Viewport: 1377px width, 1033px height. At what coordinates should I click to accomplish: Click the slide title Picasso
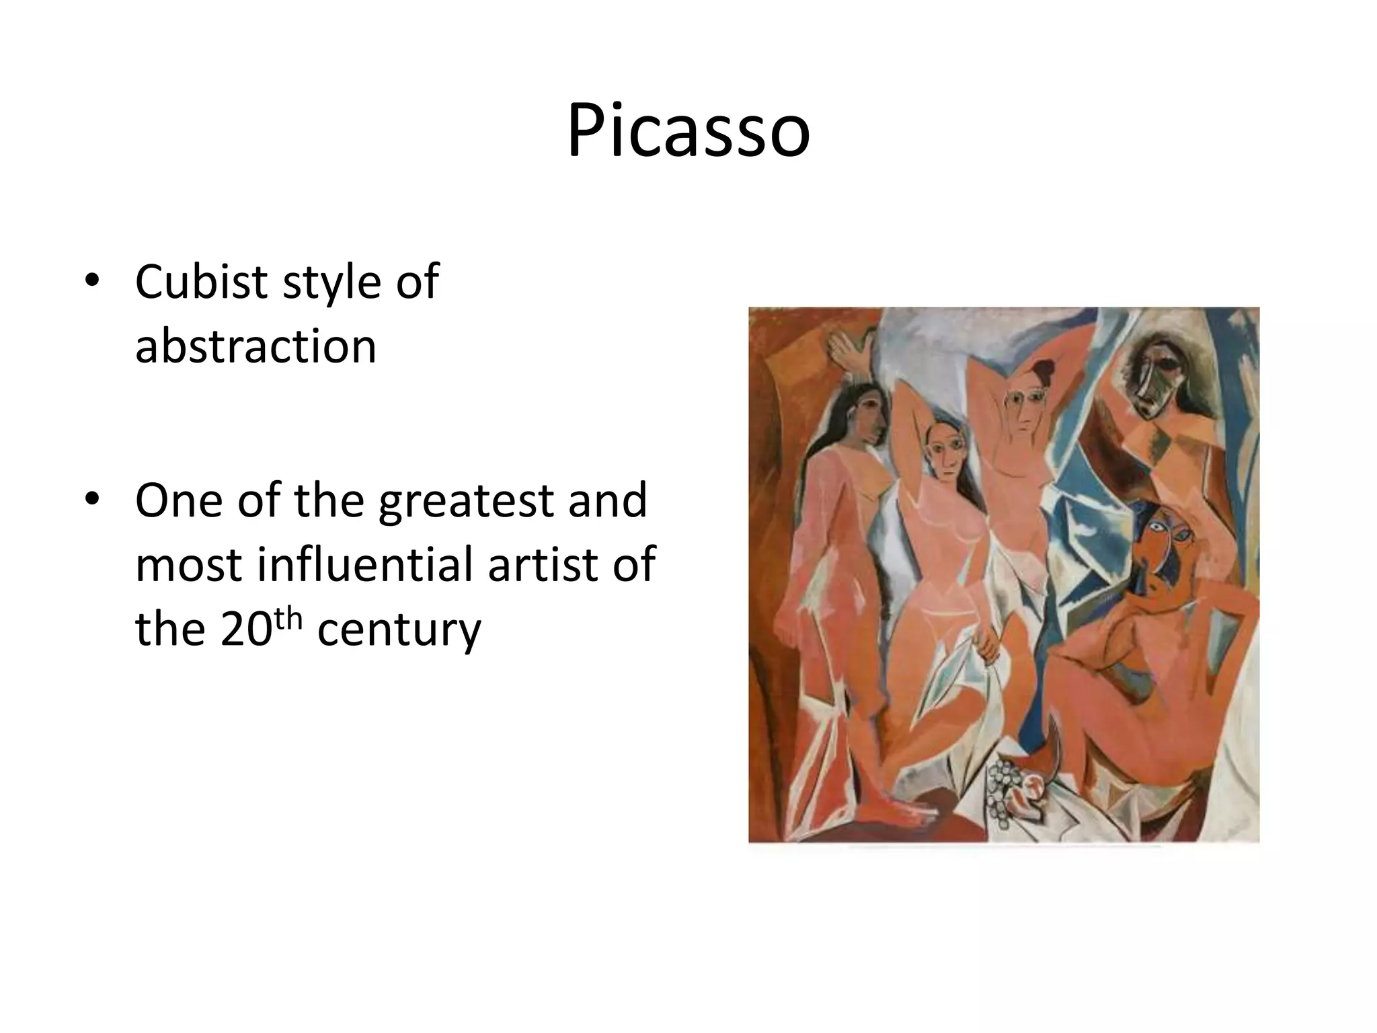[688, 130]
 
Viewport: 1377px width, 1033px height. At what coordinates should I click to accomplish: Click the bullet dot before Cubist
[92, 282]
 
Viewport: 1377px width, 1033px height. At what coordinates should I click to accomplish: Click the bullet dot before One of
[92, 500]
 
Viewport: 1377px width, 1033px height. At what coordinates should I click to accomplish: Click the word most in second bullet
[188, 565]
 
